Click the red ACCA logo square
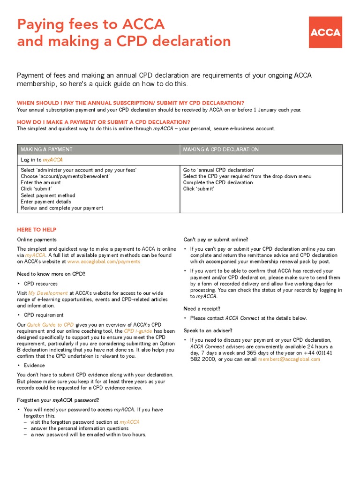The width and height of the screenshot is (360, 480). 325,32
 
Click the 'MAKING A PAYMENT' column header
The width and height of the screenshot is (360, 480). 46,150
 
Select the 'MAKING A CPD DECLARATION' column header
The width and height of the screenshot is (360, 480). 220,150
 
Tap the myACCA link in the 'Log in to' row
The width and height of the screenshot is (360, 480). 53,160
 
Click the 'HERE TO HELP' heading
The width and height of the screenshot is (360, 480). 37,230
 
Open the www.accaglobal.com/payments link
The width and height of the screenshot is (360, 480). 104,262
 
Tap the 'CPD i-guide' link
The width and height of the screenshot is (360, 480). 137,331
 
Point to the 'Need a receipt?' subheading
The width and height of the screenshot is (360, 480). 202,308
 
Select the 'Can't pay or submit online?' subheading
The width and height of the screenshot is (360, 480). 216,240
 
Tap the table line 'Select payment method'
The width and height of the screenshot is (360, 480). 48,195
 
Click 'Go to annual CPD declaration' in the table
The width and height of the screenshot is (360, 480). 218,170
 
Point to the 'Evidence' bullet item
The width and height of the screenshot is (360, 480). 34,365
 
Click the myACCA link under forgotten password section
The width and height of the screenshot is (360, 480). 129,422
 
